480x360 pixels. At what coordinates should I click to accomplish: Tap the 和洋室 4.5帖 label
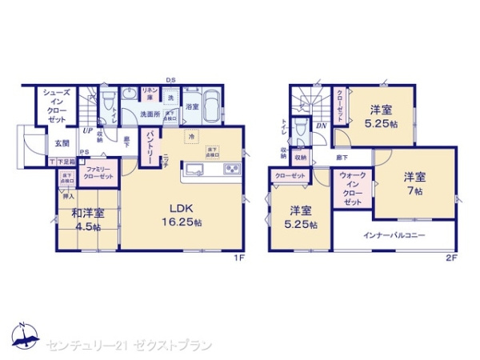[x=88, y=219]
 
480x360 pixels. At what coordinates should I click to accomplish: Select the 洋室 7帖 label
[x=413, y=182]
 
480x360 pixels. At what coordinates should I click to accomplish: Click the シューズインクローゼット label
[x=55, y=106]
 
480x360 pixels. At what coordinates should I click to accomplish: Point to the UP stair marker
[x=87, y=130]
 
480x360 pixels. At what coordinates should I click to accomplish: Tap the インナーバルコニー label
[x=394, y=235]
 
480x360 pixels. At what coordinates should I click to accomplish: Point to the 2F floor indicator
[x=451, y=258]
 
